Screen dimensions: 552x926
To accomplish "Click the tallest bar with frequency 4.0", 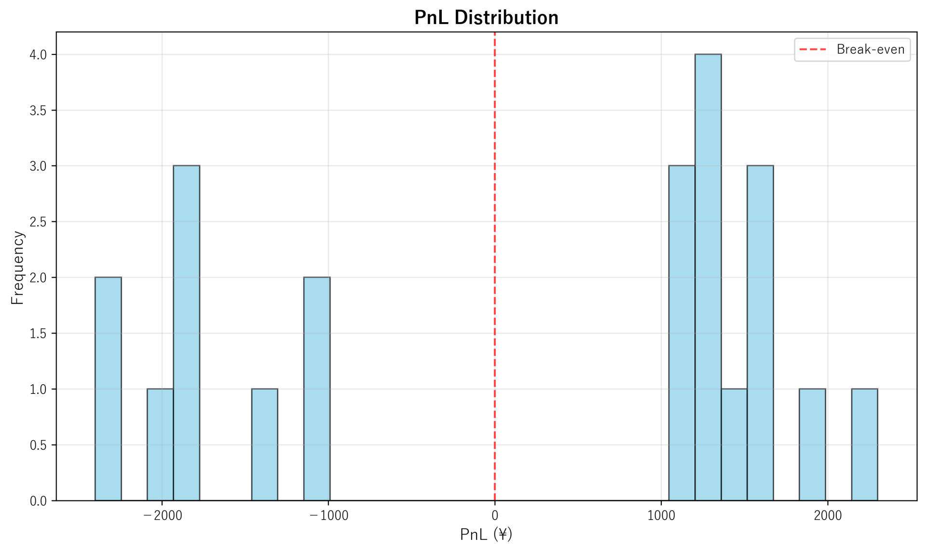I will coord(708,277).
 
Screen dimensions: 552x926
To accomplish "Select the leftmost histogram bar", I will coord(108,389).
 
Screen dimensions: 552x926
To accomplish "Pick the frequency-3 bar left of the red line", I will coord(186,333).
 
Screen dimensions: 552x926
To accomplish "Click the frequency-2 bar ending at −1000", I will coord(317,389).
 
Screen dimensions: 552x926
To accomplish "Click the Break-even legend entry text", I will coord(870,50).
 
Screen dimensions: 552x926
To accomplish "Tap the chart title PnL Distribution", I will coord(486,18).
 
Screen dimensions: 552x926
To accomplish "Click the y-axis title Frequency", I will coord(17,267).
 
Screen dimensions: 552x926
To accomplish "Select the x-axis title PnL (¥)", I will coord(486,534).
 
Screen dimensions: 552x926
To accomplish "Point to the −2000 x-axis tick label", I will coord(162,515).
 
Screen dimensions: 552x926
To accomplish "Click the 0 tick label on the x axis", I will coord(494,515).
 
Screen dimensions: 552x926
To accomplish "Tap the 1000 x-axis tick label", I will coord(661,515).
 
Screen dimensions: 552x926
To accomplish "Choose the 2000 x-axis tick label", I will coord(828,515).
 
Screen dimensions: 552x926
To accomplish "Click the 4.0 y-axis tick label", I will coord(38,54).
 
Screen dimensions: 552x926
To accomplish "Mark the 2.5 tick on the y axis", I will coord(38,222).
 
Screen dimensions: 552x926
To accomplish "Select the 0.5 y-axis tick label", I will coord(38,445).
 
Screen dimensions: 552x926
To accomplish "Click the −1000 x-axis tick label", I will coord(328,515).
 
